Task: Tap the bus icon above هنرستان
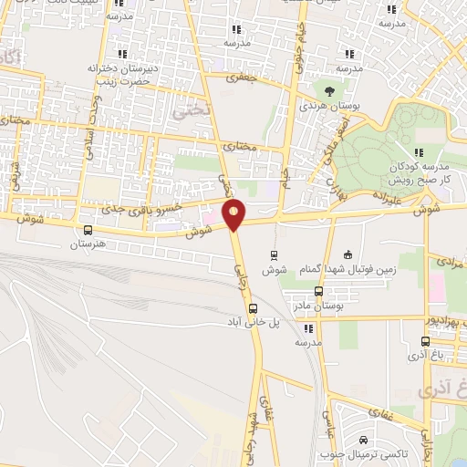(88, 231)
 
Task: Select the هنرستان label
(88, 244)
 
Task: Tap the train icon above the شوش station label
(274, 255)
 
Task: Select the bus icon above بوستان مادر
(318, 291)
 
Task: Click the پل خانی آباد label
(252, 322)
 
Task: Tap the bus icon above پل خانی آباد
(253, 308)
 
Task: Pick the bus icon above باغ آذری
(425, 342)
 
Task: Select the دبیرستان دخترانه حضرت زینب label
(130, 74)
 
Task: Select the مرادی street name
(450, 262)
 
